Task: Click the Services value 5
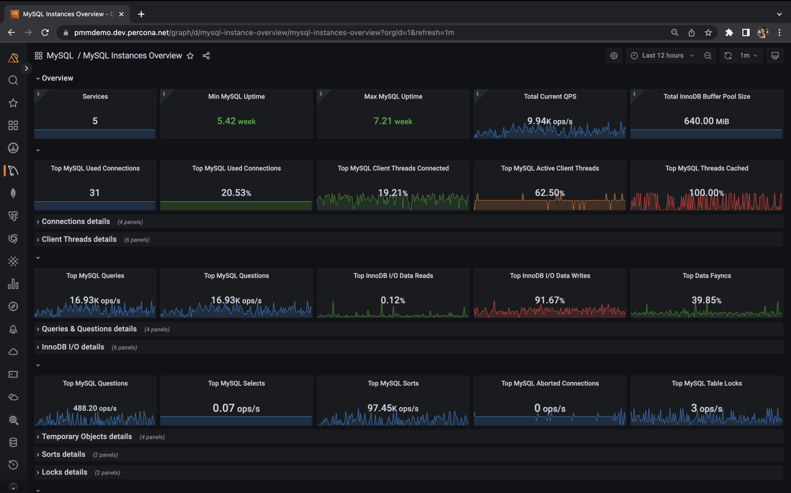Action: [95, 121]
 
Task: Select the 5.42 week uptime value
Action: [236, 121]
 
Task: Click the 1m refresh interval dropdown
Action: [749, 55]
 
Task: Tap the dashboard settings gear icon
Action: [614, 56]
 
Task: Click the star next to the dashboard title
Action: [190, 56]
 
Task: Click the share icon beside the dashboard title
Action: [206, 56]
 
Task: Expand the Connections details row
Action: [76, 222]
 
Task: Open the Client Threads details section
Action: [79, 239]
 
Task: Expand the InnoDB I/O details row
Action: [73, 347]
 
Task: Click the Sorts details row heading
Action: [63, 454]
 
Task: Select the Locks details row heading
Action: [65, 472]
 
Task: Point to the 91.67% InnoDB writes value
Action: [550, 300]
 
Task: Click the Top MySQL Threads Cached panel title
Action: [706, 168]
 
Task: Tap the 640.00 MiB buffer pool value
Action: [706, 121]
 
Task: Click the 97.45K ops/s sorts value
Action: [393, 408]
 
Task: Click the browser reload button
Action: [45, 32]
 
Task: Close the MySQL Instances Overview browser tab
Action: [121, 14]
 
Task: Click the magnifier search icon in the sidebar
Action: [13, 80]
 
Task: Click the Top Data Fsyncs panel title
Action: [706, 276]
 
